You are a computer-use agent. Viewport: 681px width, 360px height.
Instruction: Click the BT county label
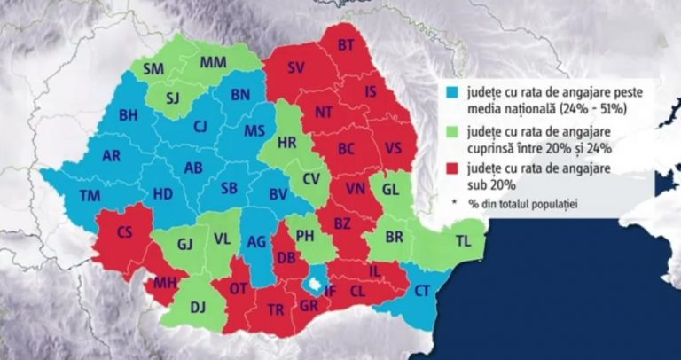click(x=346, y=44)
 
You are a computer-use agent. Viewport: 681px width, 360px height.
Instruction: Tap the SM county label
click(x=153, y=68)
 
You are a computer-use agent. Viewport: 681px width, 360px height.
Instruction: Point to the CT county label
click(x=422, y=290)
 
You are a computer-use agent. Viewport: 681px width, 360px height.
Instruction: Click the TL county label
click(x=464, y=240)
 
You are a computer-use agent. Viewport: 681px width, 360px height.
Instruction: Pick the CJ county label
click(x=200, y=126)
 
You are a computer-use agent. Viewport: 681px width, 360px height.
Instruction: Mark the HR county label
click(x=286, y=142)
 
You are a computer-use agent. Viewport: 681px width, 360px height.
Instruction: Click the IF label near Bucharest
click(x=330, y=289)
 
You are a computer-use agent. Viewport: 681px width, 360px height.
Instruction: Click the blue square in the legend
click(x=451, y=91)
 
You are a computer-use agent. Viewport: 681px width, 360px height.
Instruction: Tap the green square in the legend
click(x=451, y=129)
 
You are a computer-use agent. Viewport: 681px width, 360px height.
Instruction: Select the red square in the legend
click(x=451, y=167)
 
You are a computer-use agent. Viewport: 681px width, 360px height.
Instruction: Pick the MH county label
click(x=166, y=284)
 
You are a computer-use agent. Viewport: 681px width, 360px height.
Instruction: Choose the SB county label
click(x=229, y=189)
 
